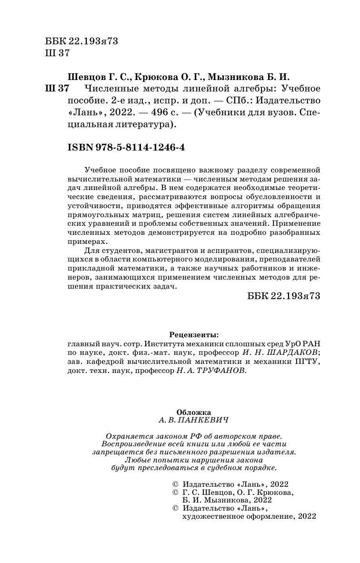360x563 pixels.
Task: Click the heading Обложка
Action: click(193, 412)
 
